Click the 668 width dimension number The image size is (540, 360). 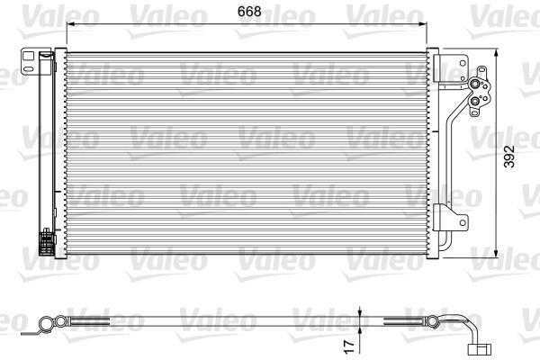(x=249, y=12)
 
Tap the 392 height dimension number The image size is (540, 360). (x=509, y=157)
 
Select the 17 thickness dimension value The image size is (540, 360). (x=349, y=346)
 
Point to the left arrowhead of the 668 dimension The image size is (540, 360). (x=70, y=23)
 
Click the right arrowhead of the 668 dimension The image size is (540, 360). (x=423, y=23)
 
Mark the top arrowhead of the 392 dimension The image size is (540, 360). (x=496, y=53)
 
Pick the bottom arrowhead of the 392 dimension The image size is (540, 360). (x=496, y=253)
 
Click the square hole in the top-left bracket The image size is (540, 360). (x=28, y=56)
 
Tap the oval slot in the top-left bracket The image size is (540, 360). (x=29, y=69)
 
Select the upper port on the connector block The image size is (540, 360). (x=475, y=84)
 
